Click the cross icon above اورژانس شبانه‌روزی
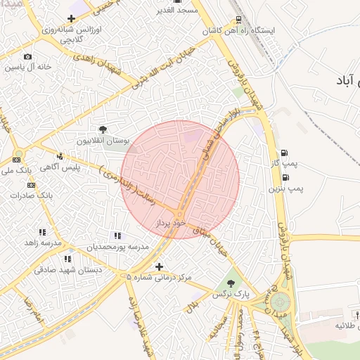click(71, 18)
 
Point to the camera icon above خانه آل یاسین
click(27, 56)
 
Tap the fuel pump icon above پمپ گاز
click(284, 153)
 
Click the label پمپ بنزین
click(285, 188)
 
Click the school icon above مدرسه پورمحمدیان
click(117, 236)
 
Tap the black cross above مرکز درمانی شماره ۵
click(159, 266)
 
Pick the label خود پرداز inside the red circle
click(169, 222)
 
